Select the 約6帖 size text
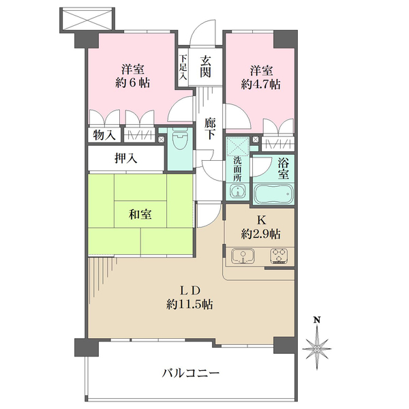tap(132, 84)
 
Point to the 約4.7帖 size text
tap(260, 85)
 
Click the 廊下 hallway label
tap(211, 129)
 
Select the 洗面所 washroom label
tap(237, 168)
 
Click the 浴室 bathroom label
tap(282, 168)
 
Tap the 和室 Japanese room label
tap(140, 215)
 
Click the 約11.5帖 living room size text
tap(191, 304)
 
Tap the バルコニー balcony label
tap(191, 374)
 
